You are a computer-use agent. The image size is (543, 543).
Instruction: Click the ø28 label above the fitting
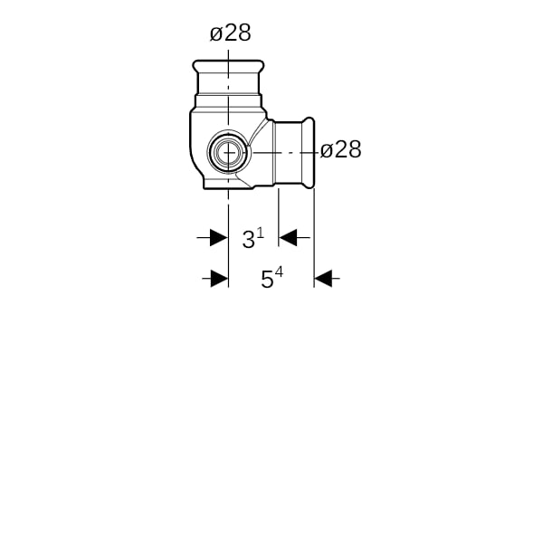point(230,33)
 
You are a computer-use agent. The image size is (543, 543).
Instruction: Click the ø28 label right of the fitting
point(341,150)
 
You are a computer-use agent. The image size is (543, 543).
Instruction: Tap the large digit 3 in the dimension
point(248,240)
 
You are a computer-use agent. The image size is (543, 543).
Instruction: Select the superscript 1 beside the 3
point(261,233)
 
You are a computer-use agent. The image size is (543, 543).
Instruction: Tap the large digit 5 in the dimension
point(267,280)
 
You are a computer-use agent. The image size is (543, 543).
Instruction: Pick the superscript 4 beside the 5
point(279,272)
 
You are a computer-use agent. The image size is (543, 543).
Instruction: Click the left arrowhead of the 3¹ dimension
point(219,238)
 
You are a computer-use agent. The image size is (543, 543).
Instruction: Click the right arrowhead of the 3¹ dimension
point(288,238)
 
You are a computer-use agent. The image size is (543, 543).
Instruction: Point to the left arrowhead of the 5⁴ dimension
point(220,279)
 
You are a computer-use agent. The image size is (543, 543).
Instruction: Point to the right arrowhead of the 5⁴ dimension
point(323,279)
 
